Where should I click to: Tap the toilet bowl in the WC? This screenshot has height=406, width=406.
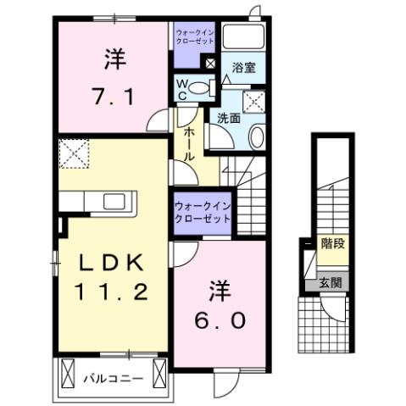pyautogui.click(x=200, y=86)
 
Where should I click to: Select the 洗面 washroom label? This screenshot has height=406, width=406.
pyautogui.click(x=228, y=119)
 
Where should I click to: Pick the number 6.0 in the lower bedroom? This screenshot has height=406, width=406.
pyautogui.click(x=224, y=321)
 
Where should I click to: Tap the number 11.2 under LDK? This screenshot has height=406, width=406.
pyautogui.click(x=114, y=292)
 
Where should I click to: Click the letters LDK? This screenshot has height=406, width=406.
pyautogui.click(x=113, y=262)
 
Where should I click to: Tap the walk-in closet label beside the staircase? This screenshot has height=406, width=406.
pyautogui.click(x=202, y=212)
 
